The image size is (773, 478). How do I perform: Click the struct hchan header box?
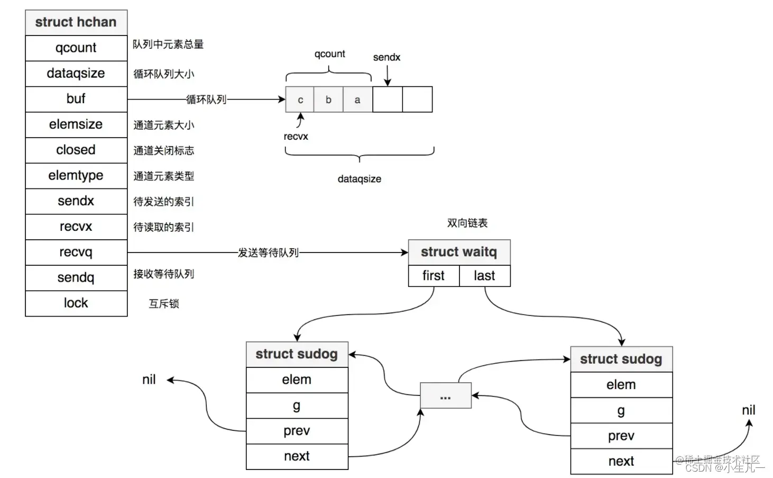point(76,22)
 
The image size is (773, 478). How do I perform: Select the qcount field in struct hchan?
point(76,48)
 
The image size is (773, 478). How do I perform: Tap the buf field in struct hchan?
point(76,99)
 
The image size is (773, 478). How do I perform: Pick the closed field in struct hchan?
point(76,150)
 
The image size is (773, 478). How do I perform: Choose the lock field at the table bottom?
point(76,303)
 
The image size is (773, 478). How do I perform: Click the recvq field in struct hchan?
point(76,252)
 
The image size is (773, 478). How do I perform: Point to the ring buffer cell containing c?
point(300,100)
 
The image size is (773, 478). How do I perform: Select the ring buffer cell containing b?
point(328,100)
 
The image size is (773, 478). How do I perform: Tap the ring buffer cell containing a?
point(357,100)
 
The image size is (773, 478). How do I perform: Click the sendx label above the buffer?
point(386,57)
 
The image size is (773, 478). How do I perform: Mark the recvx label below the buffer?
point(296,137)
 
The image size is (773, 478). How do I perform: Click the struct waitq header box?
point(459,252)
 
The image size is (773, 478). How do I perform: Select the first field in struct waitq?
point(434,276)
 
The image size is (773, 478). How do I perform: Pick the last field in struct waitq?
point(484,276)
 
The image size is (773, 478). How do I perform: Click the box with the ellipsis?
point(445,396)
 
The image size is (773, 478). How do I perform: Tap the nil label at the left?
point(149,380)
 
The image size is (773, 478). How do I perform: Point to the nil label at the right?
point(749,410)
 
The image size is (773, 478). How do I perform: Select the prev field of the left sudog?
point(297,431)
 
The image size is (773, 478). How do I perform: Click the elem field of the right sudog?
point(621,385)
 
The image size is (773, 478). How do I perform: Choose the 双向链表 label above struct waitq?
point(467,223)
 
